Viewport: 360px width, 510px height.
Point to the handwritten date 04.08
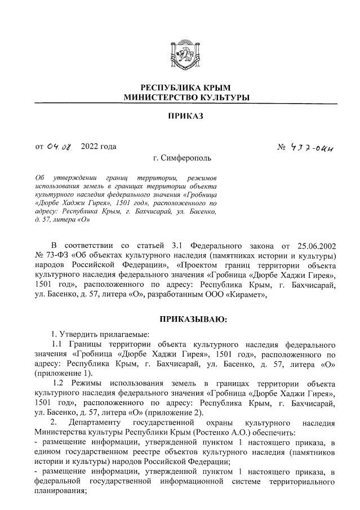point(60,147)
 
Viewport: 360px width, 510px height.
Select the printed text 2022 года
point(99,147)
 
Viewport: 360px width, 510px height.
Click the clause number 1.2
point(59,383)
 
